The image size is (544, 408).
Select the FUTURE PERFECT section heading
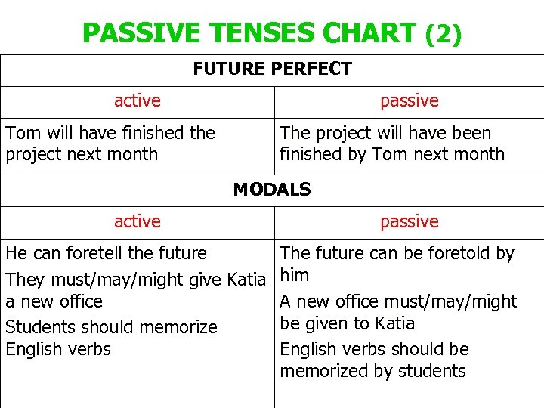[x=272, y=70]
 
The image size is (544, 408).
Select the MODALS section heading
[x=272, y=190]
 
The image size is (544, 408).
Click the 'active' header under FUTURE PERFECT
[x=137, y=100]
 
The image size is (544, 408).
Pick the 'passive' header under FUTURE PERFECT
[x=409, y=100]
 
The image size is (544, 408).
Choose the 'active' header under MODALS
[x=137, y=221]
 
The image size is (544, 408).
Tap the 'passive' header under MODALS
[x=409, y=221]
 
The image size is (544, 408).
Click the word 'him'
[x=295, y=276]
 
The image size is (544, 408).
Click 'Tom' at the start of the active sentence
[x=23, y=133]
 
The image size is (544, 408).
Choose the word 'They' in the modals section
[x=25, y=280]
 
